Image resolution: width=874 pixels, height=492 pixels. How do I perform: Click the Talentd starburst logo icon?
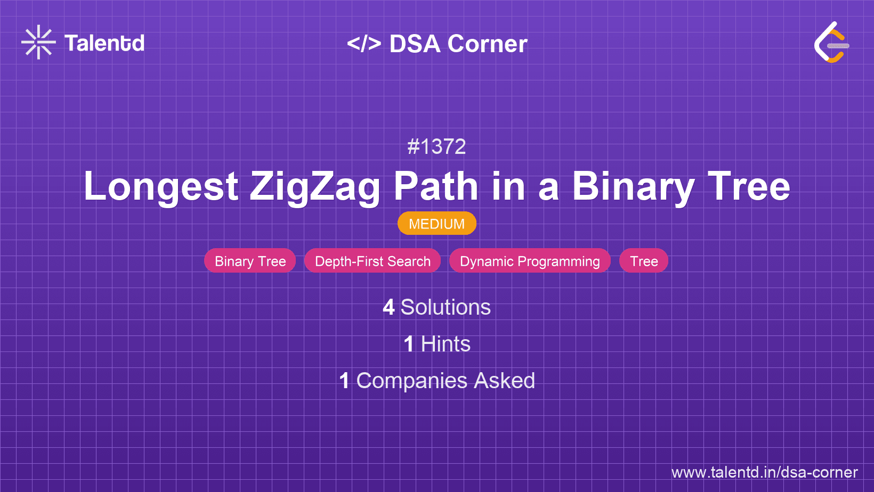tap(38, 43)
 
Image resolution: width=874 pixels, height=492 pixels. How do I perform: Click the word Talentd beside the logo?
tap(104, 43)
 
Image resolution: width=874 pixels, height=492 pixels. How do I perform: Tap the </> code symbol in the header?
tap(364, 44)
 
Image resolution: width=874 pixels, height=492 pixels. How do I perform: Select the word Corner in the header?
tap(487, 44)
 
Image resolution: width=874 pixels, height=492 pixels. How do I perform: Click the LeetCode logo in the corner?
tap(831, 43)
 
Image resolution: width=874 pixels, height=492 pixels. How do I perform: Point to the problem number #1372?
tap(436, 146)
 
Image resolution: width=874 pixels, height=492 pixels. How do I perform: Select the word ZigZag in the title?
tap(315, 187)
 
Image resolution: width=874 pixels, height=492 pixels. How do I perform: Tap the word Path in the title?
tap(436, 187)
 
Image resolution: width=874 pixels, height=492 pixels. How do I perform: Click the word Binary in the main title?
tap(633, 187)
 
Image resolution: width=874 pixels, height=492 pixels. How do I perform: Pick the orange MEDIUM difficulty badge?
tap(436, 224)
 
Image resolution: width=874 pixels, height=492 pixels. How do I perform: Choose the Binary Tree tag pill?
tap(250, 261)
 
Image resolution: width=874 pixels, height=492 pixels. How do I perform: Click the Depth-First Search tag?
tap(373, 261)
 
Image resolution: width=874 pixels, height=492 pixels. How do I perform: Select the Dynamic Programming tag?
tap(530, 261)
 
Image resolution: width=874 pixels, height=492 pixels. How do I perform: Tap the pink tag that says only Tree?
tap(644, 261)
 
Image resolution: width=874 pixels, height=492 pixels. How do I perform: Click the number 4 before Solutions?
tap(389, 307)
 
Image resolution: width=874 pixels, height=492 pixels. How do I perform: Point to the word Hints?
tap(446, 344)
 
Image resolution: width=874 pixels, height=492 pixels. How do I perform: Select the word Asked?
tap(504, 381)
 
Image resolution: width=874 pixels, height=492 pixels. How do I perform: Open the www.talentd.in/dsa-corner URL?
tap(764, 472)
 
